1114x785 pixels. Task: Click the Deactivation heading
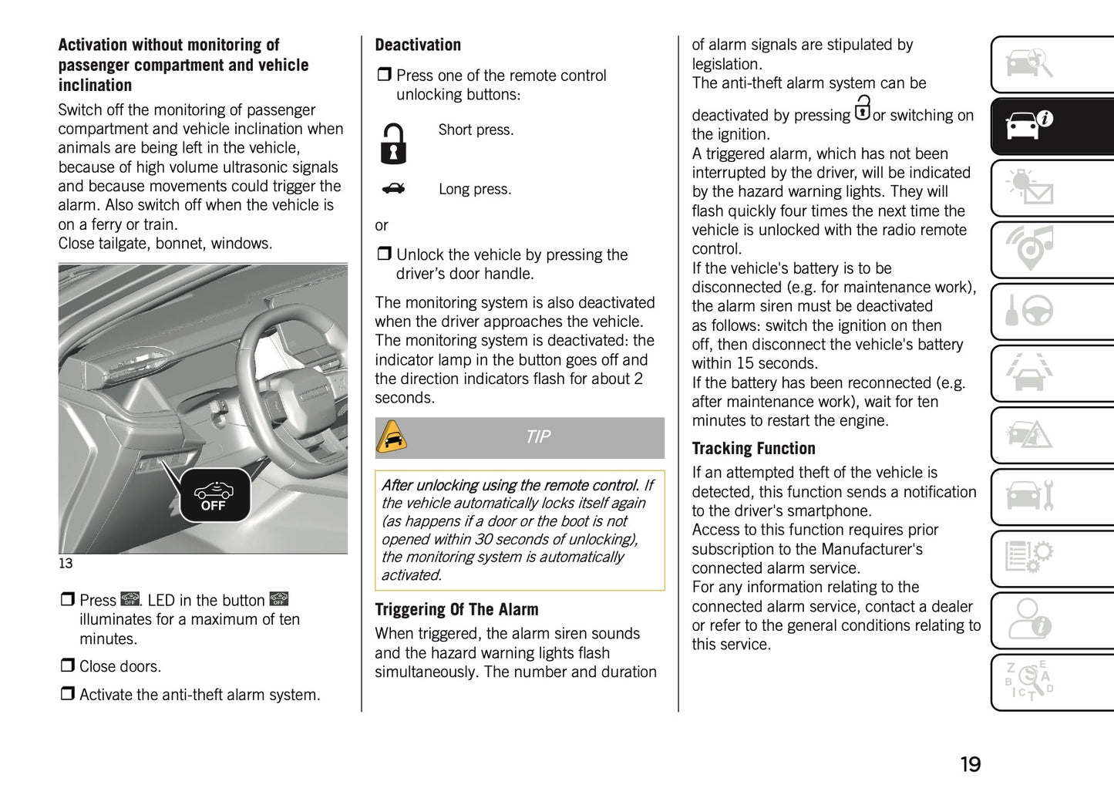pos(417,45)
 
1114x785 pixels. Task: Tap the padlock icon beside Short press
pos(393,143)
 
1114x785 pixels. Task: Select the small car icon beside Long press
pos(393,188)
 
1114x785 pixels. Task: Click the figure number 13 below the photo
pos(66,564)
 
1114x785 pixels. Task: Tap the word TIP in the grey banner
pos(537,437)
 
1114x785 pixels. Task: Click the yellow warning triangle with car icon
pos(392,438)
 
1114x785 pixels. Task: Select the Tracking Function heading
pos(752,449)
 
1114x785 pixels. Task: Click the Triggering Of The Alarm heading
pos(456,610)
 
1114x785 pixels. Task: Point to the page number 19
pos(970,764)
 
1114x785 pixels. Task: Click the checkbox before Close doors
pos(68,665)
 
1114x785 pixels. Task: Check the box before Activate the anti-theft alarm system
pos(68,694)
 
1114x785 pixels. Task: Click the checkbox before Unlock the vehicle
pos(384,254)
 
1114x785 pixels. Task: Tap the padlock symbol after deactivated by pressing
pos(862,108)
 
